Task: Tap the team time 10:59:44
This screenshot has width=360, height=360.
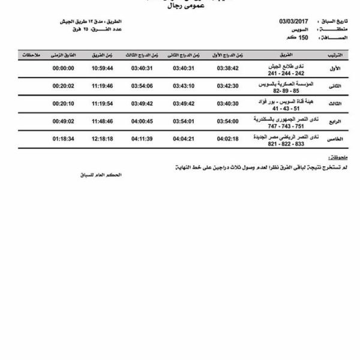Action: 103,68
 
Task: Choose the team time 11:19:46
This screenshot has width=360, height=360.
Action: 103,86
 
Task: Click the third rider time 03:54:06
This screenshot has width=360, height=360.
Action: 142,86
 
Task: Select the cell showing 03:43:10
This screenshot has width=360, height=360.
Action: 184,86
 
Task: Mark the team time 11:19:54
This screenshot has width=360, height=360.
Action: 103,103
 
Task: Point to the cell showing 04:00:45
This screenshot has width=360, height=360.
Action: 142,121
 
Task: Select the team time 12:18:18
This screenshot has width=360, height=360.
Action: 103,139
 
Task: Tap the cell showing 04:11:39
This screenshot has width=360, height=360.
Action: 142,139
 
